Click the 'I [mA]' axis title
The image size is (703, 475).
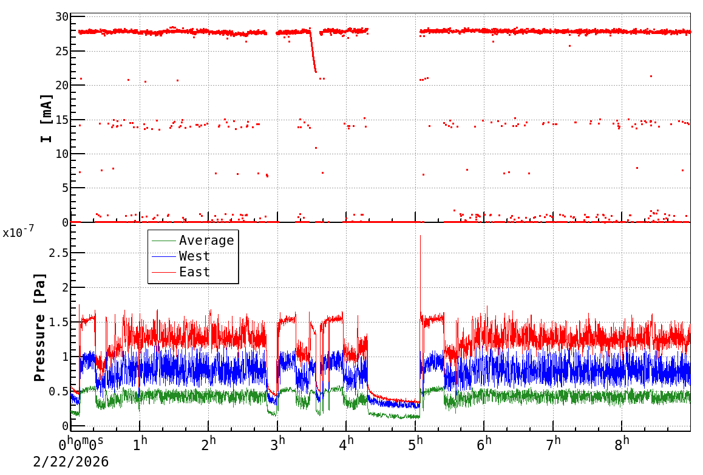[47, 118]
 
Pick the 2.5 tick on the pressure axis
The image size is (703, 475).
[55, 252]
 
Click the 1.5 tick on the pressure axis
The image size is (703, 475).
[55, 321]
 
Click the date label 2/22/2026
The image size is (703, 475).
[71, 462]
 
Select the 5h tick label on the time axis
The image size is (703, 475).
[416, 443]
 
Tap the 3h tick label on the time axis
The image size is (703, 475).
[278, 443]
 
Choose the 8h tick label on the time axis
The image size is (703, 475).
[622, 443]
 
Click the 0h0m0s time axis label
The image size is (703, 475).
[85, 443]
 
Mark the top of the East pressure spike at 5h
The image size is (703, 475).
[420, 236]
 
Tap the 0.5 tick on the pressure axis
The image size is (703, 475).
[55, 391]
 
